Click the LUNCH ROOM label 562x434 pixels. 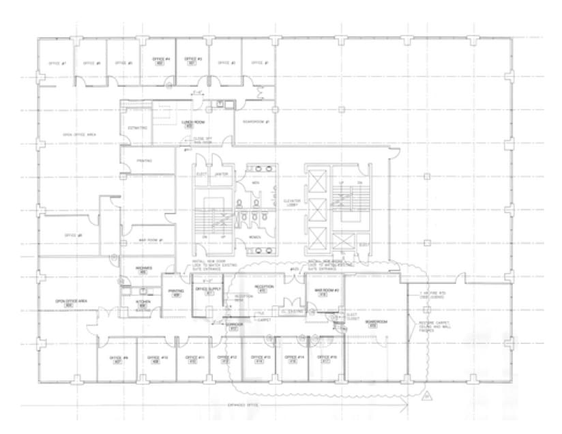[193, 122]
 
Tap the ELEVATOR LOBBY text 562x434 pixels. [292, 202]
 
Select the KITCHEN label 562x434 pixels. [143, 301]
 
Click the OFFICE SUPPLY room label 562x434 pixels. [209, 289]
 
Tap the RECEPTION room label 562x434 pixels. [263, 287]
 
